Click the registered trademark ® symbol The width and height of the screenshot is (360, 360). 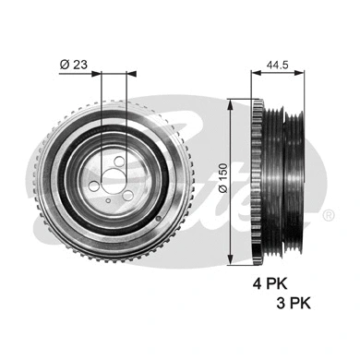point(329,216)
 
